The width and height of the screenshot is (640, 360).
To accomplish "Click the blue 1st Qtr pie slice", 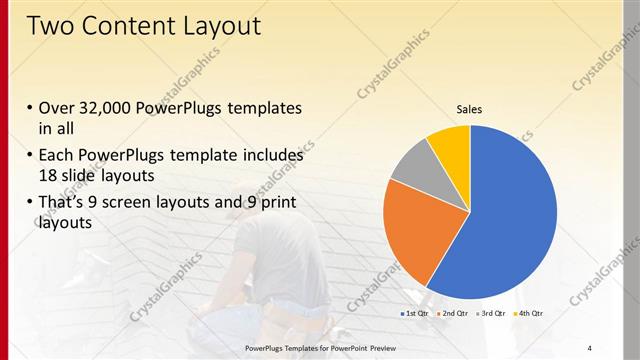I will [x=510, y=220].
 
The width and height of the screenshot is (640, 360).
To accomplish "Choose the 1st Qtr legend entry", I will [x=415, y=314].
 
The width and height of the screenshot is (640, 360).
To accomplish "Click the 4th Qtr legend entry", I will [x=529, y=314].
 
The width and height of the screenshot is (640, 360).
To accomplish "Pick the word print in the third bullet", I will [x=276, y=204].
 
